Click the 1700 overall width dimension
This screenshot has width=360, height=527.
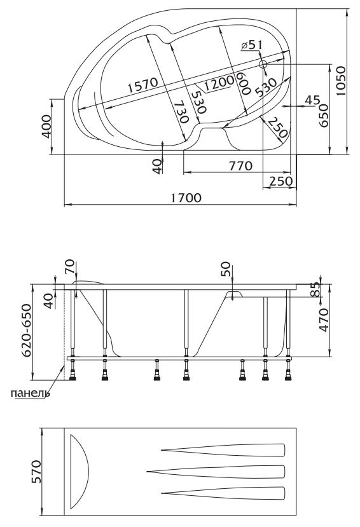[186, 198]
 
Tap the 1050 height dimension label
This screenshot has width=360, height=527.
[341, 81]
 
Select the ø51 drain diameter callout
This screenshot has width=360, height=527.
[251, 44]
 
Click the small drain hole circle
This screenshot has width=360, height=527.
[263, 64]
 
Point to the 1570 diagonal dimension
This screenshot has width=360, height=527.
[142, 85]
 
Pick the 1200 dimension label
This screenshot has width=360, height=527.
[219, 83]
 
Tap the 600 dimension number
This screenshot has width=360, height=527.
[244, 83]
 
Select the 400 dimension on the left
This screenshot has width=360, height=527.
[46, 127]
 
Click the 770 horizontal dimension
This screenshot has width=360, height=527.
[240, 166]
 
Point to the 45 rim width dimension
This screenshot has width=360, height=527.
[312, 100]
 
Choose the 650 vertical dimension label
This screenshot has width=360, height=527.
[323, 115]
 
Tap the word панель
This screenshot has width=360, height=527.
[31, 393]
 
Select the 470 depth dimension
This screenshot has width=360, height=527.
[324, 320]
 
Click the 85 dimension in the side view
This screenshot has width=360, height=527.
[314, 289]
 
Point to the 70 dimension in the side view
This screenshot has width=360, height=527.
[71, 267]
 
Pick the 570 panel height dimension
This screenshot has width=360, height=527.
[36, 472]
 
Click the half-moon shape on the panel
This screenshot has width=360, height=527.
[80, 472]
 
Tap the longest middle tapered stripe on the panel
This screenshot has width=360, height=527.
[216, 472]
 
